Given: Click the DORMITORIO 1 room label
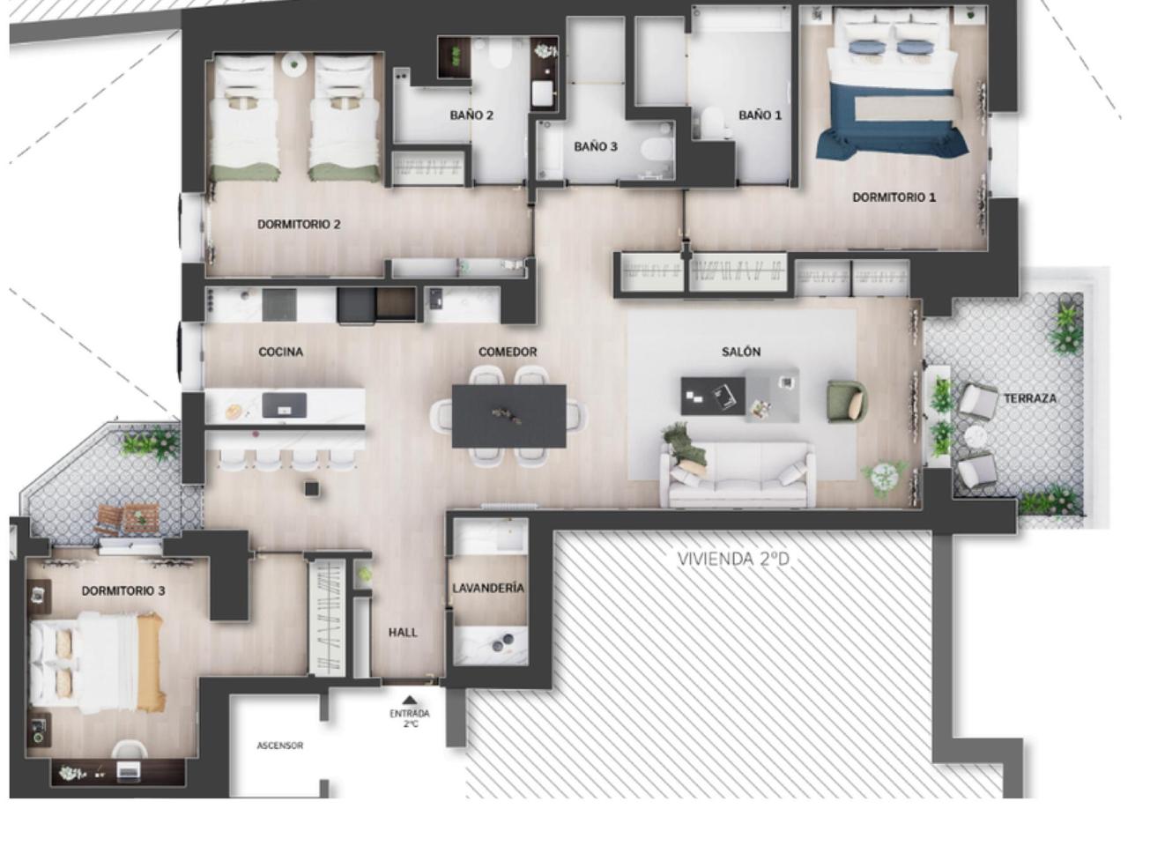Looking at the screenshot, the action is pos(894,197).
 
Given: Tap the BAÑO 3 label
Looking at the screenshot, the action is pos(596,147).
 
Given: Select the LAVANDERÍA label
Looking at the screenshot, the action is pos(487,588).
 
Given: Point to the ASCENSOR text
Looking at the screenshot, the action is pos(280,746).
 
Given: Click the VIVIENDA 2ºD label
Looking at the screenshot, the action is pos(733,559).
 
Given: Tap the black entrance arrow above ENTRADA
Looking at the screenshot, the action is pos(409,699).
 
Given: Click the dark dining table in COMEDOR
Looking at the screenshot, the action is pos(508,416).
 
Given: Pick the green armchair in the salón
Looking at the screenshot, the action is pos(847,402).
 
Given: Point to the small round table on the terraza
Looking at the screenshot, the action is pos(976,437).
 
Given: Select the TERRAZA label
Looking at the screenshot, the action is pos(1030,398).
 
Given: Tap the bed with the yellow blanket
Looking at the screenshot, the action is pos(98,663).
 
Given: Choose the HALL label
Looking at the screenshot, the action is pos(403,633).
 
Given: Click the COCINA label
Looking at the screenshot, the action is pos(281,352).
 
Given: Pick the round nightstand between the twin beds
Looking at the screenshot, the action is pos(294,64).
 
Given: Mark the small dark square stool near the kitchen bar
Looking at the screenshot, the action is pos(312,489).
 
